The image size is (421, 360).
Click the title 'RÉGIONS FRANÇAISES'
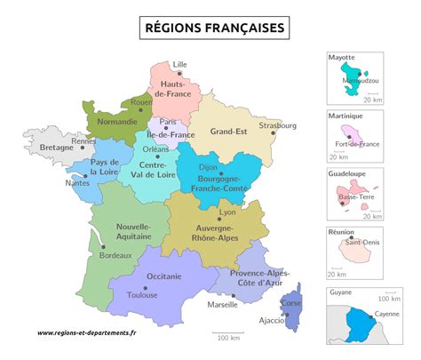tap(215, 28)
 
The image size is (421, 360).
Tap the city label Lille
tap(180, 64)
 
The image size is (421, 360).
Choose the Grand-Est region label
tap(228, 132)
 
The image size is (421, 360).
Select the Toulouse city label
tap(142, 295)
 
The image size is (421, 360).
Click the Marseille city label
tap(222, 304)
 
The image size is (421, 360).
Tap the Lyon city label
tap(227, 212)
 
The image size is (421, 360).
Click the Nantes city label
tap(77, 183)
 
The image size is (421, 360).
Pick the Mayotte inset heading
tap(341, 57)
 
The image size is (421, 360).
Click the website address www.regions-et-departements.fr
tap(87, 334)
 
